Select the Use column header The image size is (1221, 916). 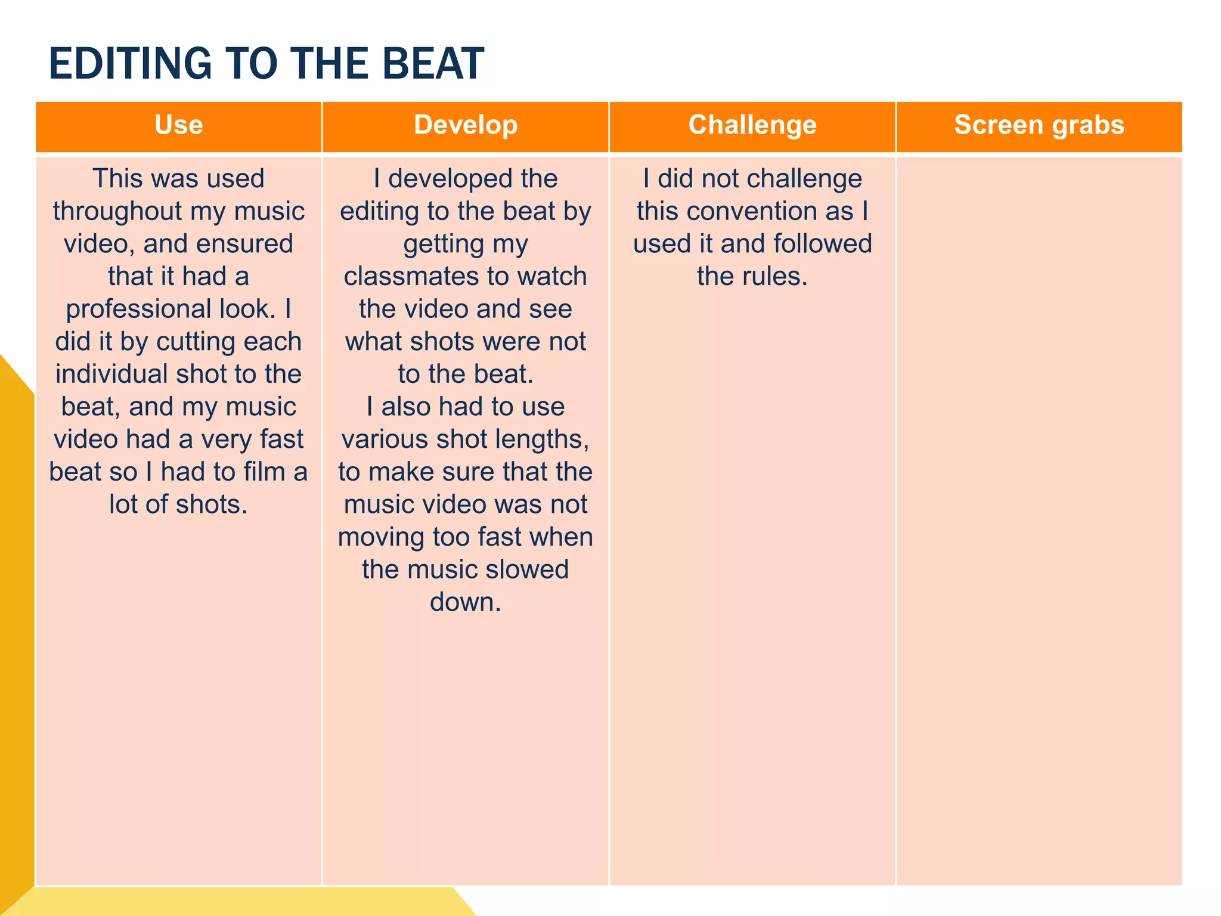178,125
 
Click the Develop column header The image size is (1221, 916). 466,125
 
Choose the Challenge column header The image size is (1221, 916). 752,125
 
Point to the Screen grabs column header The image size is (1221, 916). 1039,125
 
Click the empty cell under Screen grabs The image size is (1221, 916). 1039,519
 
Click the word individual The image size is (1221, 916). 111,375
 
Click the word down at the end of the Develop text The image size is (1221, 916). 464,602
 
